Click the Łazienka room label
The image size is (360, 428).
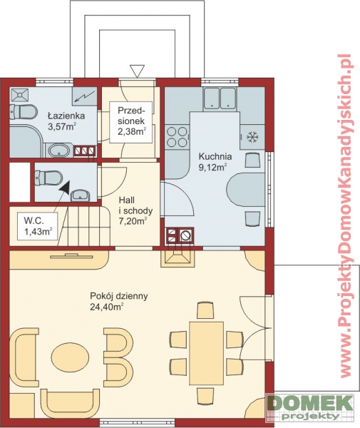click(66, 116)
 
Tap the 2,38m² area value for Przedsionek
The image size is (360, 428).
click(132, 132)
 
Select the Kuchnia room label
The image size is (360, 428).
click(215, 157)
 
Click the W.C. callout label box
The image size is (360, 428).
click(38, 227)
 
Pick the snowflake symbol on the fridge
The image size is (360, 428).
click(253, 137)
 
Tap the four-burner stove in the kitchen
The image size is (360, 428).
click(178, 137)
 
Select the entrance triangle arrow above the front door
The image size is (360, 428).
click(137, 71)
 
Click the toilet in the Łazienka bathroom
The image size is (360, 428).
click(24, 112)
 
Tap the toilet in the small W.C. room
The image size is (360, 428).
click(48, 178)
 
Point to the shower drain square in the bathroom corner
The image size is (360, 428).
click(19, 95)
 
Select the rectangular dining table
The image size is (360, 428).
click(207, 353)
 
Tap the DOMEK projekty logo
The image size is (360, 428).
click(309, 407)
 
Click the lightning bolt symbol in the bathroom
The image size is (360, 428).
click(85, 96)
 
